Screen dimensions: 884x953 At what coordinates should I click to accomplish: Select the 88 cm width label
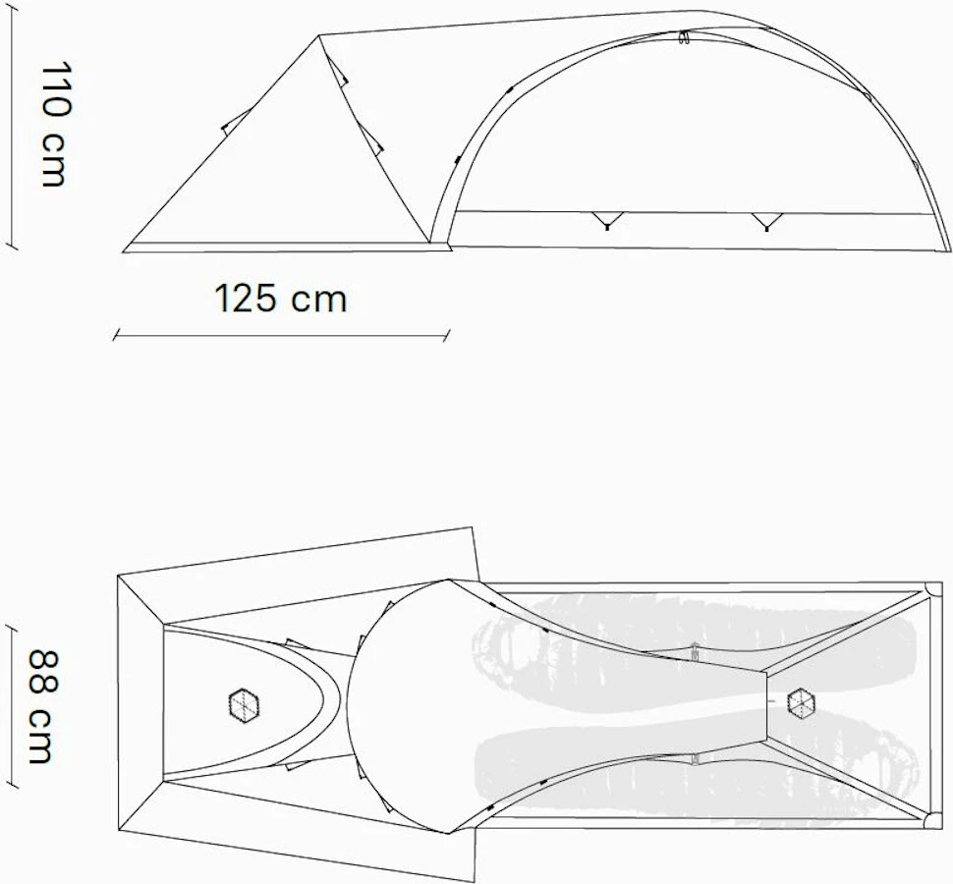[x=40, y=705]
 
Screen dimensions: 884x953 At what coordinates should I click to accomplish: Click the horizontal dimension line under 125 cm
[x=281, y=336]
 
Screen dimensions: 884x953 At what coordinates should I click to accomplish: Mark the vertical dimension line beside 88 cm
[x=11, y=706]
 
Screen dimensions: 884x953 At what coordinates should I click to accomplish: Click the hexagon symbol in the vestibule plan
[x=243, y=703]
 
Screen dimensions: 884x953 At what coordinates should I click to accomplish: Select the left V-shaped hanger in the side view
[x=606, y=220]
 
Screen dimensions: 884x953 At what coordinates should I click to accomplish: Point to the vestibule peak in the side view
[x=320, y=37]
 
